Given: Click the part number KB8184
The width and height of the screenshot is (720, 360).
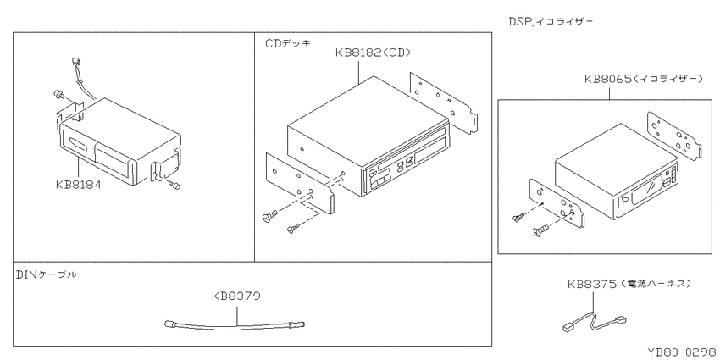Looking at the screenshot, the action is coord(78,185).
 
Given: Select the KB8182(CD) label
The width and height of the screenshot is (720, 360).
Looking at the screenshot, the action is coord(373,53).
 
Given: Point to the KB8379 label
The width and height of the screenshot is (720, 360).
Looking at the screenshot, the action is coord(236,296).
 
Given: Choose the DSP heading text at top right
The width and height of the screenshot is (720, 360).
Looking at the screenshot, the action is coord(551,21).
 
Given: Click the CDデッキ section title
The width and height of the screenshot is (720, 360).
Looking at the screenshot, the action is coord(288,43).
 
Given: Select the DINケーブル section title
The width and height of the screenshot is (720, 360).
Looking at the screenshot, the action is coord(47,274).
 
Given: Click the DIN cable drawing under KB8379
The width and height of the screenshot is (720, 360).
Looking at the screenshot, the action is coord(235,325).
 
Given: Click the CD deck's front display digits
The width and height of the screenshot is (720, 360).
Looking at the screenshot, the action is coord(405,164).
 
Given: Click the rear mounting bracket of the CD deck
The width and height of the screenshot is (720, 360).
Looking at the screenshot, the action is coord(444,102).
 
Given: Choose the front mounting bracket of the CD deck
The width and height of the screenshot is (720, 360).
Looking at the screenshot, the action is coord(300,184).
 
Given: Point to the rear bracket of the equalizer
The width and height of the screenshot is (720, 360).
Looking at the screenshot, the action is coord(674,136).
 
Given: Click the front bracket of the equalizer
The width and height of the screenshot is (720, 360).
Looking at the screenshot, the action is coord(557,203).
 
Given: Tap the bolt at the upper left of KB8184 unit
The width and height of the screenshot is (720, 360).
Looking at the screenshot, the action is coord(58,95).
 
